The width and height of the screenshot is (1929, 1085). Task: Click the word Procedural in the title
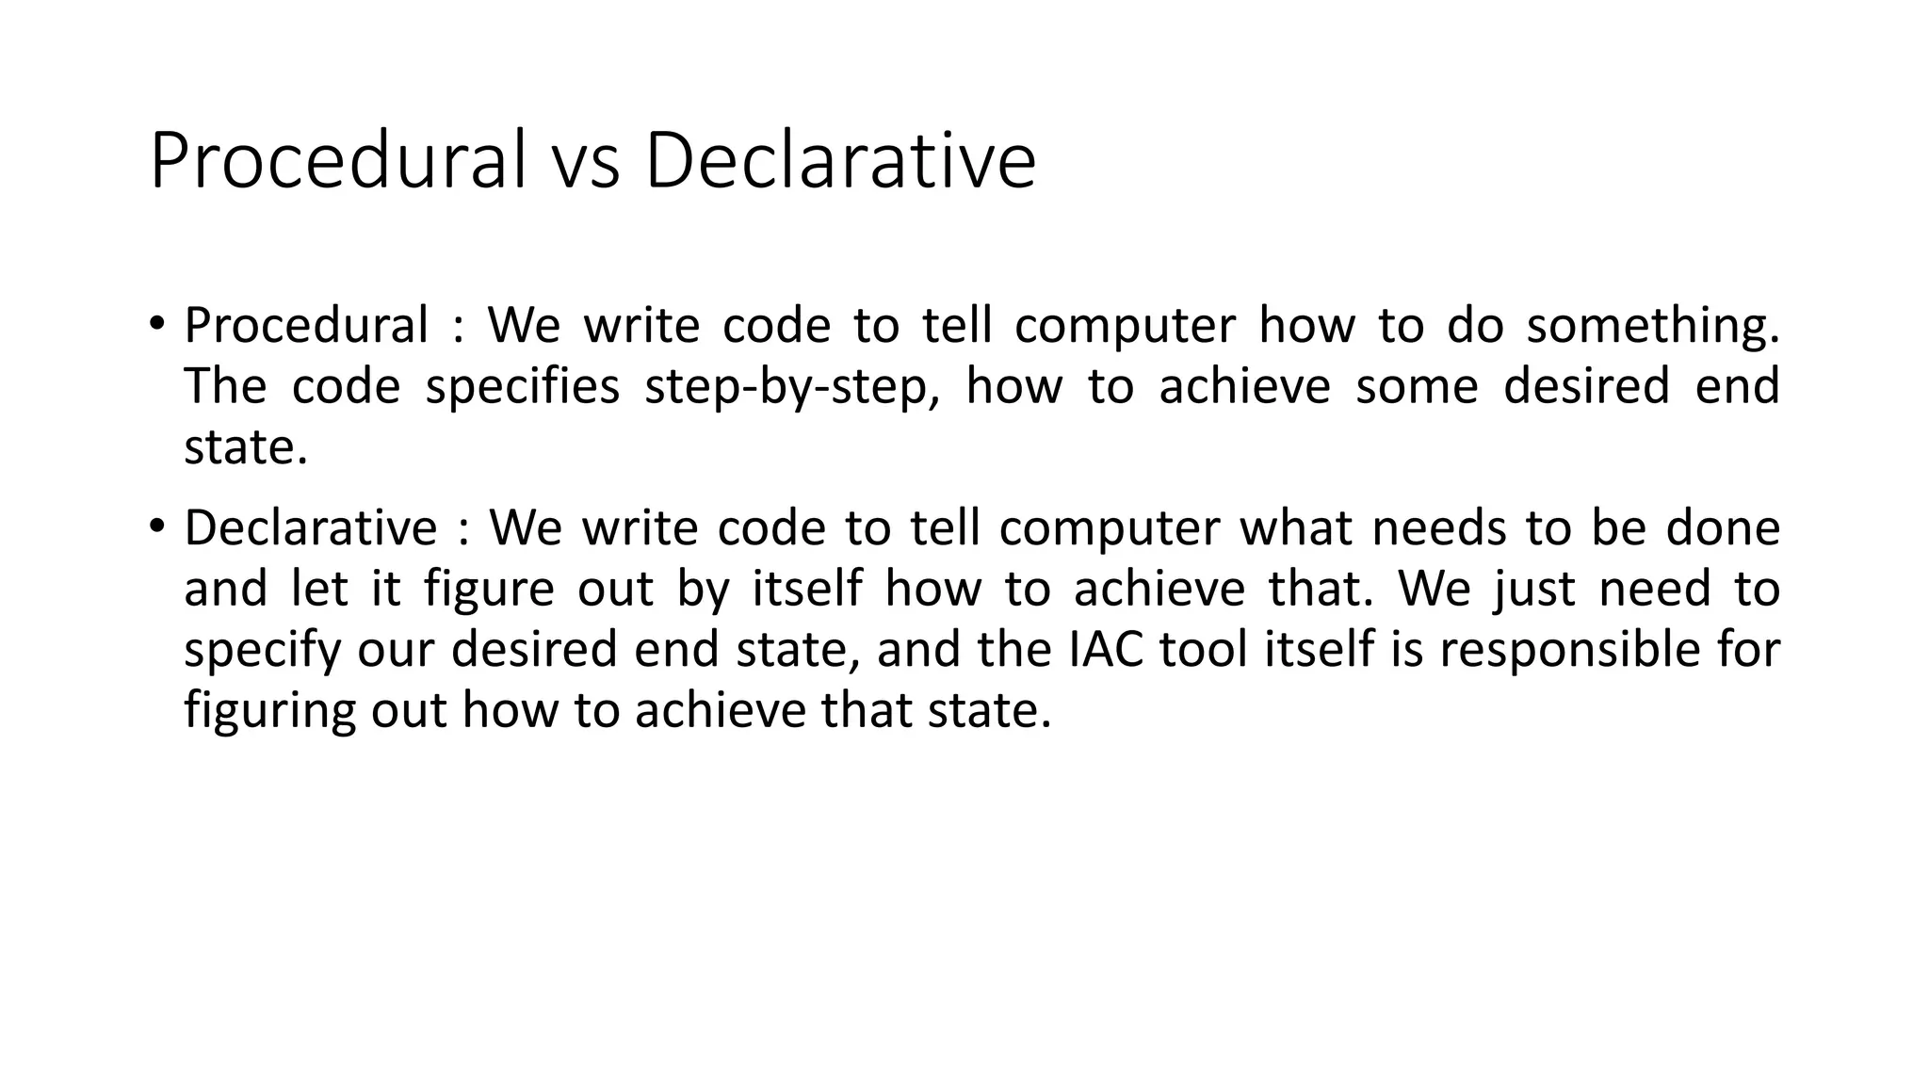[337, 161]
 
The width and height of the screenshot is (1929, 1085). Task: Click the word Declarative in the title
[840, 161]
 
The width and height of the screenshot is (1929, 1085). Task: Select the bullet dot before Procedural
[156, 324]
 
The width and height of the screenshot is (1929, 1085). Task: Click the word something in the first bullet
[1653, 326]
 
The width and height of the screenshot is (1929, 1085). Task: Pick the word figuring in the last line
[269, 711]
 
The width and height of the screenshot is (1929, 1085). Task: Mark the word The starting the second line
[224, 386]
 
